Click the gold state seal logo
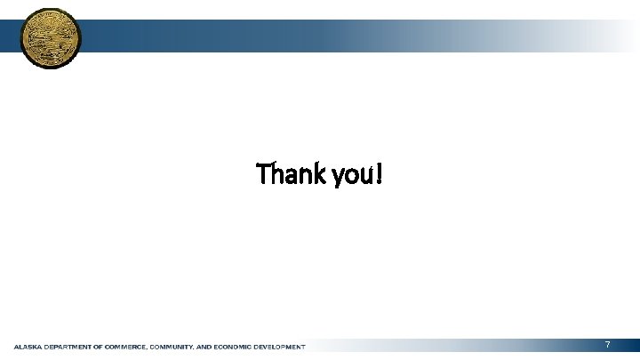[50, 37]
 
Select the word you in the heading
[350, 176]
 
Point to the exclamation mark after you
[380, 174]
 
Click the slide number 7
[607, 344]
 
